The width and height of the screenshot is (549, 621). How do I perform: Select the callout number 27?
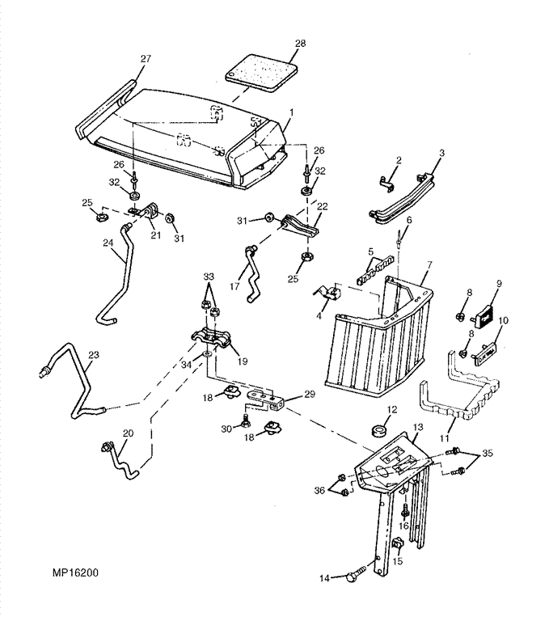(146, 58)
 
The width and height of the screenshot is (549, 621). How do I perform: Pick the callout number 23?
(94, 354)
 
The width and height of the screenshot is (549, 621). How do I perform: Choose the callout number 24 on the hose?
(107, 242)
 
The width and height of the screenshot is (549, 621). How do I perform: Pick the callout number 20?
(128, 434)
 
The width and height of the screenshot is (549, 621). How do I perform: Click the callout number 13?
(417, 426)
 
